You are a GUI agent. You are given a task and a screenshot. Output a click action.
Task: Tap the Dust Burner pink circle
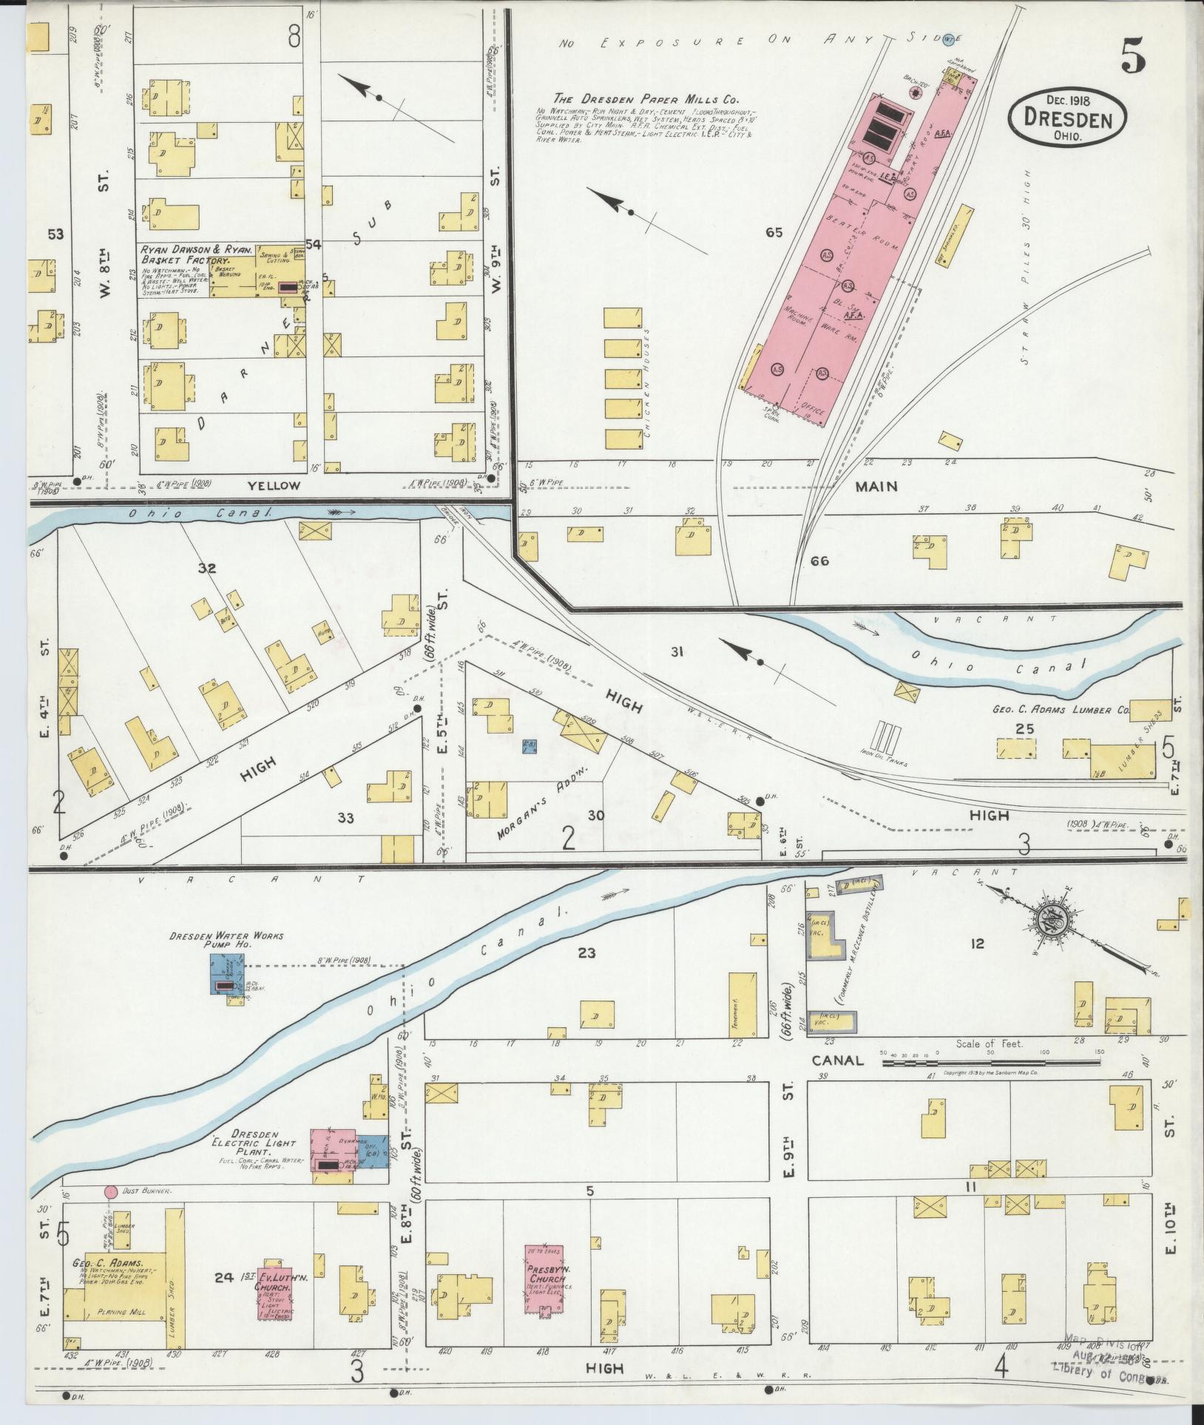point(110,1191)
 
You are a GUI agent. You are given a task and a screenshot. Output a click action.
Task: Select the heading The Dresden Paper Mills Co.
point(646,99)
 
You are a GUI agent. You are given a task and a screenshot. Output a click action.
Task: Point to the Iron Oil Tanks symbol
point(885,737)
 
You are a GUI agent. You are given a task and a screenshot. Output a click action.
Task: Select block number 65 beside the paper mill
point(774,233)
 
